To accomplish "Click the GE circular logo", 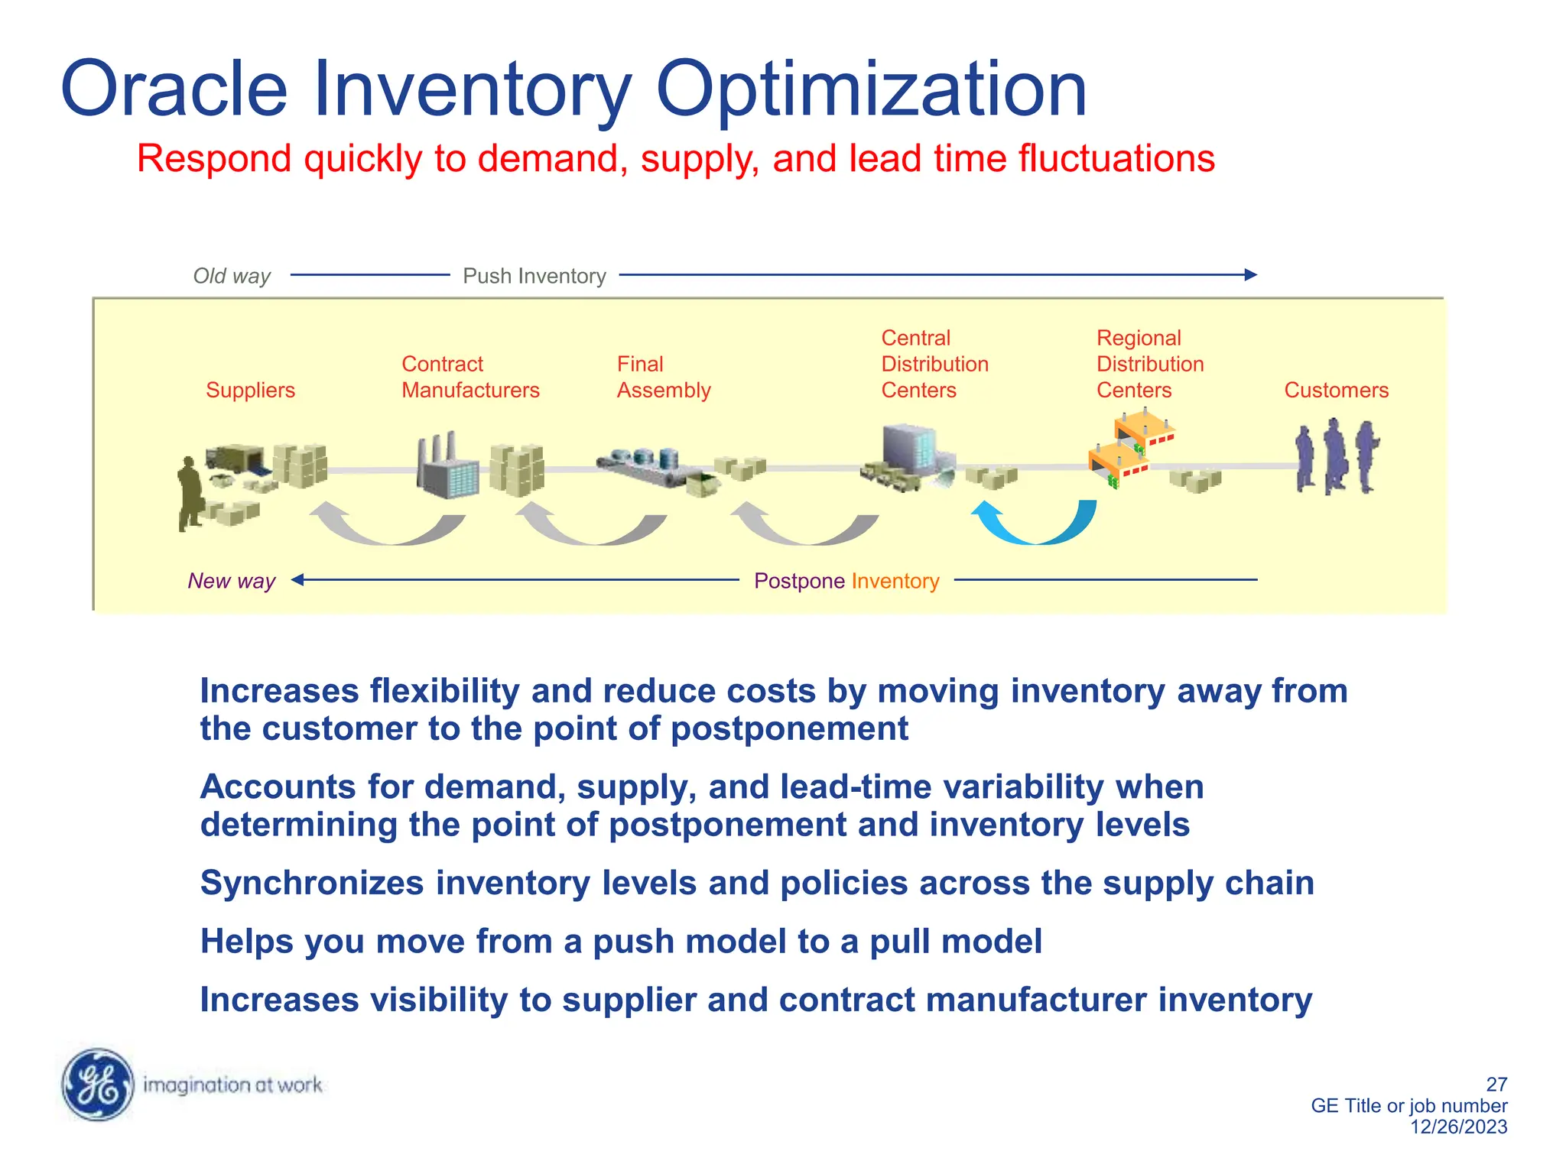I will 97,1084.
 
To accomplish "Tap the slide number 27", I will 1496,1084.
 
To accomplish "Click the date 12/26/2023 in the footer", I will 1458,1127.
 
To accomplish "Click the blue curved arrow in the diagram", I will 1034,524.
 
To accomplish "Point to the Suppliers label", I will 250,390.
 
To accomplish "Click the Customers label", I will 1336,390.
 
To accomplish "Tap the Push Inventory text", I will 534,276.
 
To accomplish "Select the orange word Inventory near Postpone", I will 895,581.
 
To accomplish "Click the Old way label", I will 232,276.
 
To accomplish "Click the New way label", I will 231,581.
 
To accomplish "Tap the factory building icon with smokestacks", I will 447,465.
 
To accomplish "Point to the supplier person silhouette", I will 189,493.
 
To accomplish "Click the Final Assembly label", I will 663,377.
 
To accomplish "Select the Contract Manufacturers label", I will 470,377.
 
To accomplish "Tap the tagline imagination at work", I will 232,1085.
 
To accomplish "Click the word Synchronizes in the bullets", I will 311,883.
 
